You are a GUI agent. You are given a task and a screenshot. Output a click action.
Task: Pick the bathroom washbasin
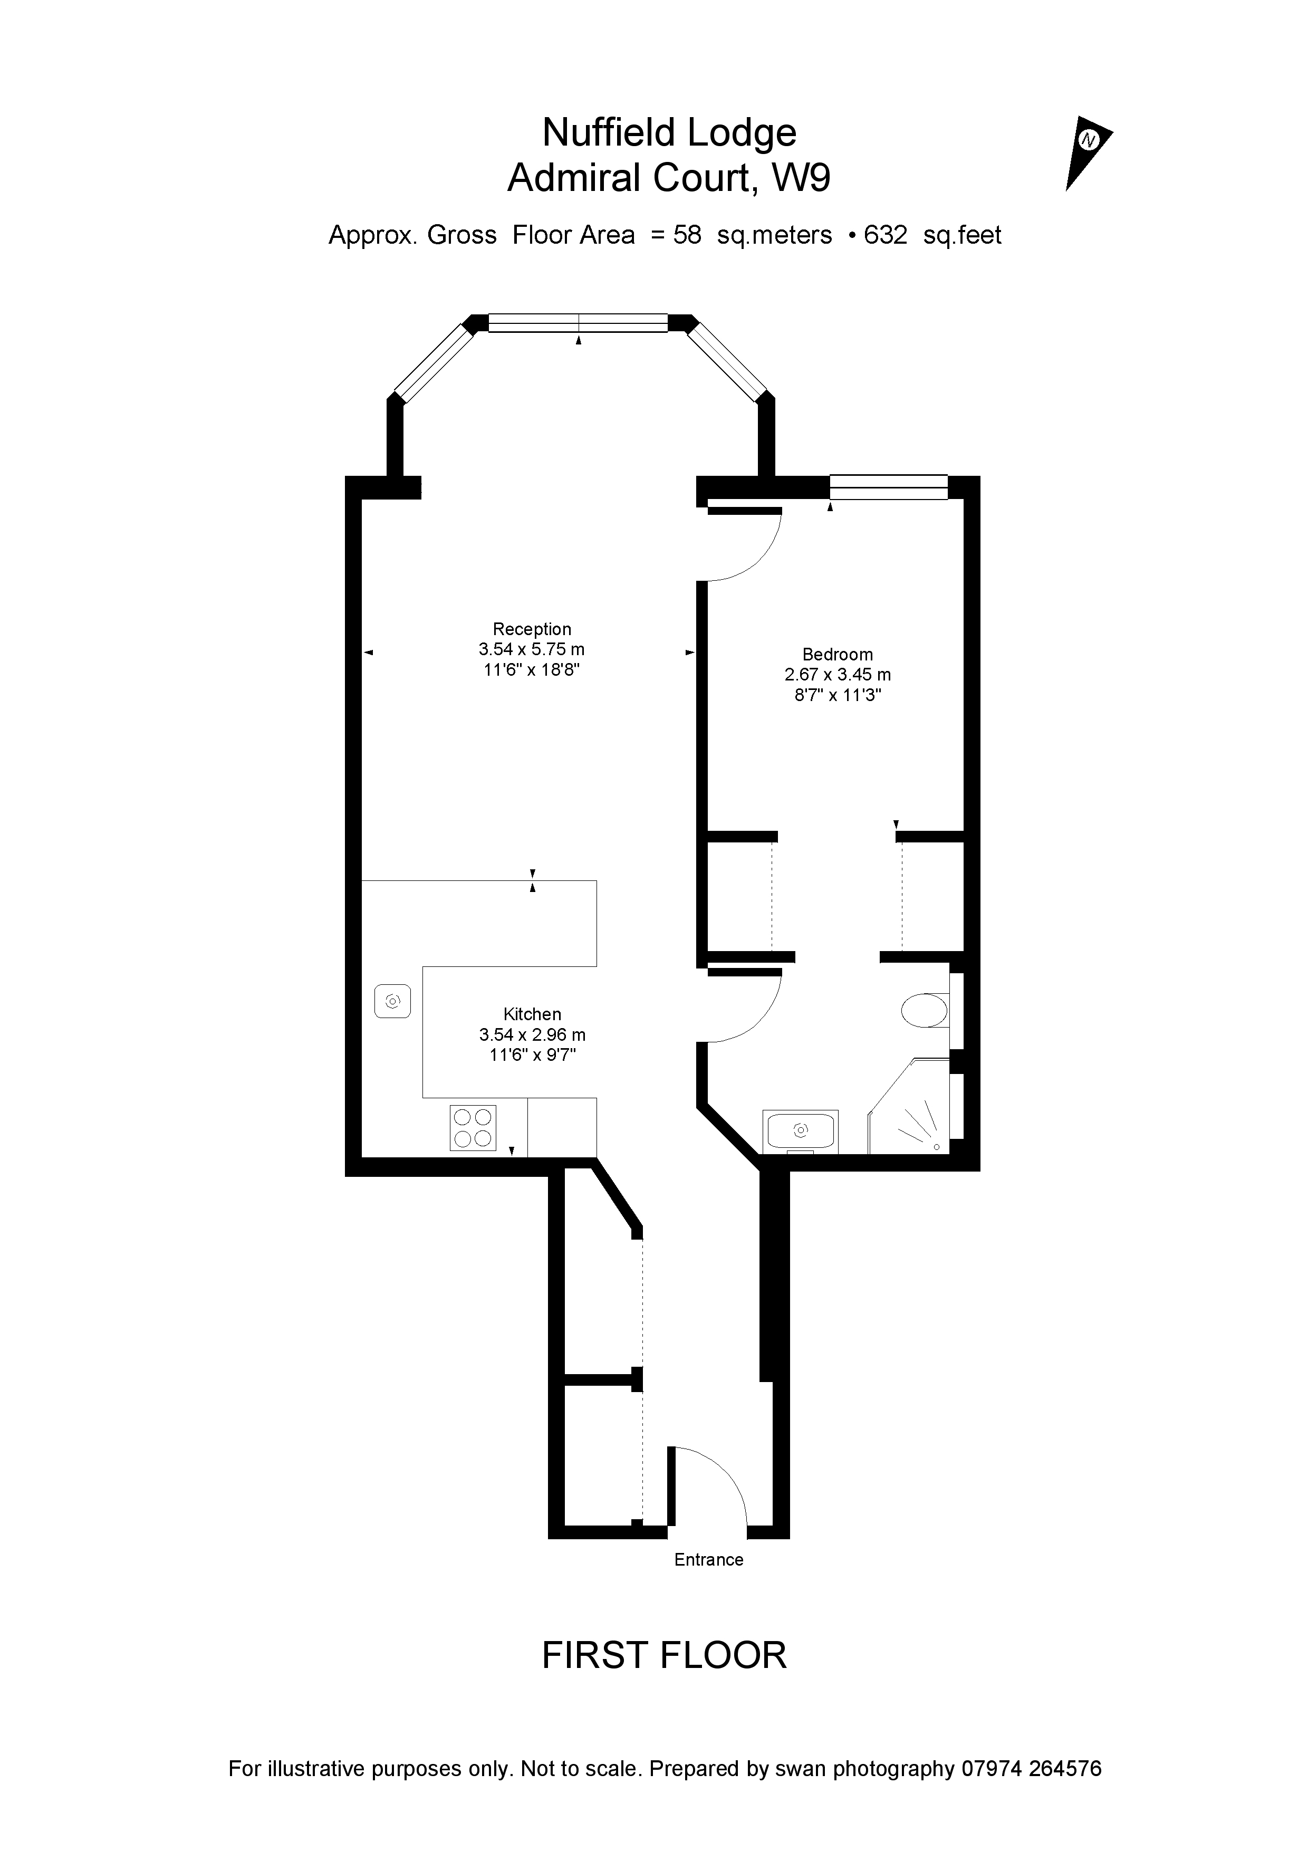(x=800, y=1130)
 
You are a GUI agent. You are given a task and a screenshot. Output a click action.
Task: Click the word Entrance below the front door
(x=708, y=1559)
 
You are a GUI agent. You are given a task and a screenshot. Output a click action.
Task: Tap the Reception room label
(x=532, y=630)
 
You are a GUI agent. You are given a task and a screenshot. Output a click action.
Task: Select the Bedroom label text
(x=838, y=655)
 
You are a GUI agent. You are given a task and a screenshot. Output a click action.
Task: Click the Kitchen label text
(x=532, y=1014)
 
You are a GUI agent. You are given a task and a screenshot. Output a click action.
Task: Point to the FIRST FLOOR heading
(x=663, y=1656)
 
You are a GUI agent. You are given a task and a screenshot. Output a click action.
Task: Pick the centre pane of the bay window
(x=578, y=322)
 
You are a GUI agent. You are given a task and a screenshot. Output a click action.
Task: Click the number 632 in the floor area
(x=885, y=235)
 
